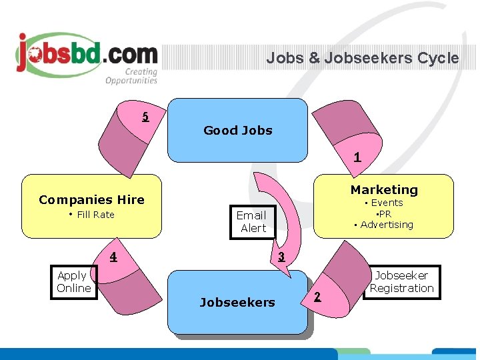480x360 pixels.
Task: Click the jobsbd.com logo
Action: pyautogui.click(x=87, y=53)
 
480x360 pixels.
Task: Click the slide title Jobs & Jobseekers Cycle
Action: pyautogui.click(x=362, y=58)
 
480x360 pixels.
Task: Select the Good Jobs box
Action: pyautogui.click(x=238, y=131)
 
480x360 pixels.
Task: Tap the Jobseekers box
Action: pyautogui.click(x=237, y=303)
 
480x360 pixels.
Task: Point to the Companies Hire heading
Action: pyautogui.click(x=91, y=199)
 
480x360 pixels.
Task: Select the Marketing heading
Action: pyautogui.click(x=384, y=190)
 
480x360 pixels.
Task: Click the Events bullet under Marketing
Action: pyautogui.click(x=386, y=203)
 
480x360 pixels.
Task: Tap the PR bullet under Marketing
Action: pyautogui.click(x=384, y=214)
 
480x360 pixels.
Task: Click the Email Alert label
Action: pyautogui.click(x=252, y=221)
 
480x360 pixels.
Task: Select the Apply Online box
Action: pyautogui.click(x=73, y=282)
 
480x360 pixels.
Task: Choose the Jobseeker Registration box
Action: pyautogui.click(x=401, y=282)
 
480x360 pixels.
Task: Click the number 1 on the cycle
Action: pyautogui.click(x=357, y=158)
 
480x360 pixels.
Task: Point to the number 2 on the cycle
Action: pyautogui.click(x=317, y=297)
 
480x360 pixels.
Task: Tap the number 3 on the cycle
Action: pyautogui.click(x=281, y=257)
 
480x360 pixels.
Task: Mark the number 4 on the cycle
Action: pyautogui.click(x=113, y=257)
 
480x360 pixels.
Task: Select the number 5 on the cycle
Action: pyautogui.click(x=145, y=117)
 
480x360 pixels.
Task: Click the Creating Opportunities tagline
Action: pyautogui.click(x=131, y=77)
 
